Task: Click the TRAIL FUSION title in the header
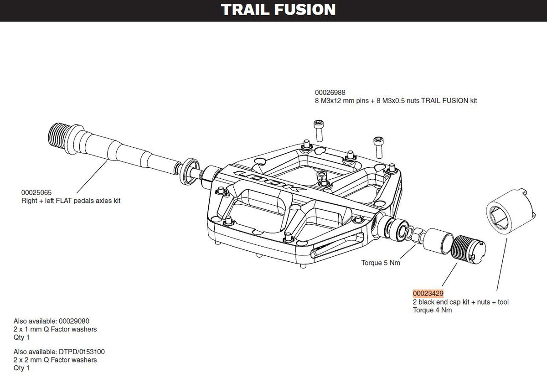click(x=278, y=10)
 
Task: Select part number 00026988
click(x=330, y=92)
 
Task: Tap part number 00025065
click(x=37, y=192)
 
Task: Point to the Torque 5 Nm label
click(x=381, y=263)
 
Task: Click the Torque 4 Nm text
click(x=432, y=311)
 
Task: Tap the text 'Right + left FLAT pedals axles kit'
click(x=71, y=201)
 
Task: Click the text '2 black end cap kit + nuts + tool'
click(x=460, y=302)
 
